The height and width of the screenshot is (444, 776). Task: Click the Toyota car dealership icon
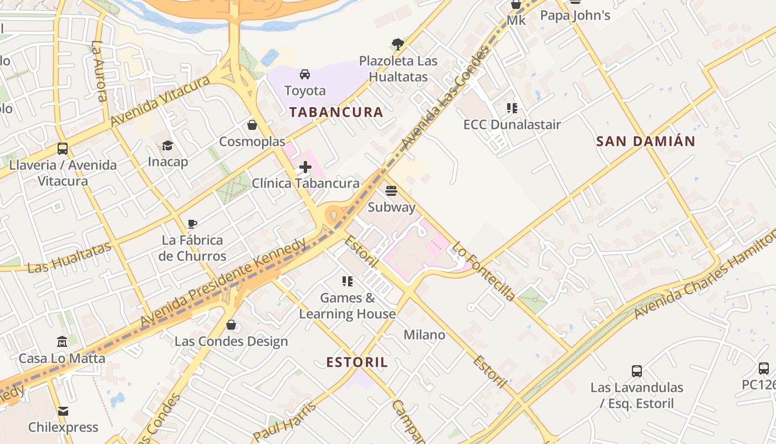click(x=304, y=74)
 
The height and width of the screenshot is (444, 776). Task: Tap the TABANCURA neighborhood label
click(x=336, y=112)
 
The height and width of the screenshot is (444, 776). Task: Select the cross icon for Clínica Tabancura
click(x=305, y=167)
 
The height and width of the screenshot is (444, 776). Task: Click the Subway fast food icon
click(x=391, y=191)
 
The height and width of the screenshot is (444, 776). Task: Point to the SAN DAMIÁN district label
click(x=645, y=142)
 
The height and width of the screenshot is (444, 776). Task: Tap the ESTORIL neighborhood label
click(x=357, y=363)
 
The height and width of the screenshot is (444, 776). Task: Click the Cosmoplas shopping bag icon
click(x=252, y=125)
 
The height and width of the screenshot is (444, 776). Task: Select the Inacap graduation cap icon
click(x=167, y=146)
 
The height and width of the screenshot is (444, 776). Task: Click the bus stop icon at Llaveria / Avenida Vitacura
click(x=63, y=149)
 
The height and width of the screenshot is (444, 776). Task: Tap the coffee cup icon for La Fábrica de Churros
click(x=192, y=224)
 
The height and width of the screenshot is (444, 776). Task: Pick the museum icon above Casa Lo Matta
click(x=62, y=341)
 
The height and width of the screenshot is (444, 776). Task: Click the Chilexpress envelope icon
click(x=63, y=411)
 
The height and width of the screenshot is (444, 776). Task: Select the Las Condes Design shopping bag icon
click(x=231, y=325)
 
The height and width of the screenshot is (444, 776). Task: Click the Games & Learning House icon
click(x=348, y=281)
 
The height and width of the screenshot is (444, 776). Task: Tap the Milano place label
click(x=424, y=335)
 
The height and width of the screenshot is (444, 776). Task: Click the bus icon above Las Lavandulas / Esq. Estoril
click(x=637, y=371)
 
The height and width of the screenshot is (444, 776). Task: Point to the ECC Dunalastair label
click(x=512, y=124)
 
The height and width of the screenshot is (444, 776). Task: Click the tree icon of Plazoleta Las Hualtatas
click(x=397, y=44)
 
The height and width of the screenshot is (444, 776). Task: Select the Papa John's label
click(x=575, y=16)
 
